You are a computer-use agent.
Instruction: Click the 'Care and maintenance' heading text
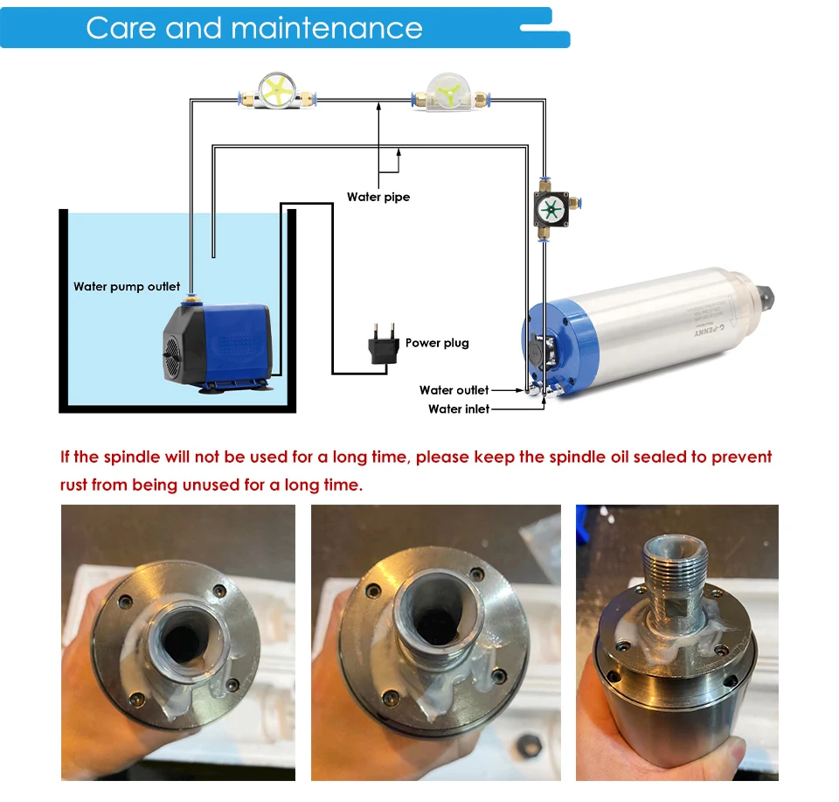(253, 28)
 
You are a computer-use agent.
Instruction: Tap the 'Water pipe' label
(378, 197)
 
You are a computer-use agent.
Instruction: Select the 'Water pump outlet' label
(127, 287)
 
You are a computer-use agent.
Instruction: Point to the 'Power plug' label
(437, 343)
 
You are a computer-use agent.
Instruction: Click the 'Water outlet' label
(454, 390)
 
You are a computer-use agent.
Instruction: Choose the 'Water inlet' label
(459, 408)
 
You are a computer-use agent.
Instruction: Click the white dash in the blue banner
(542, 28)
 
